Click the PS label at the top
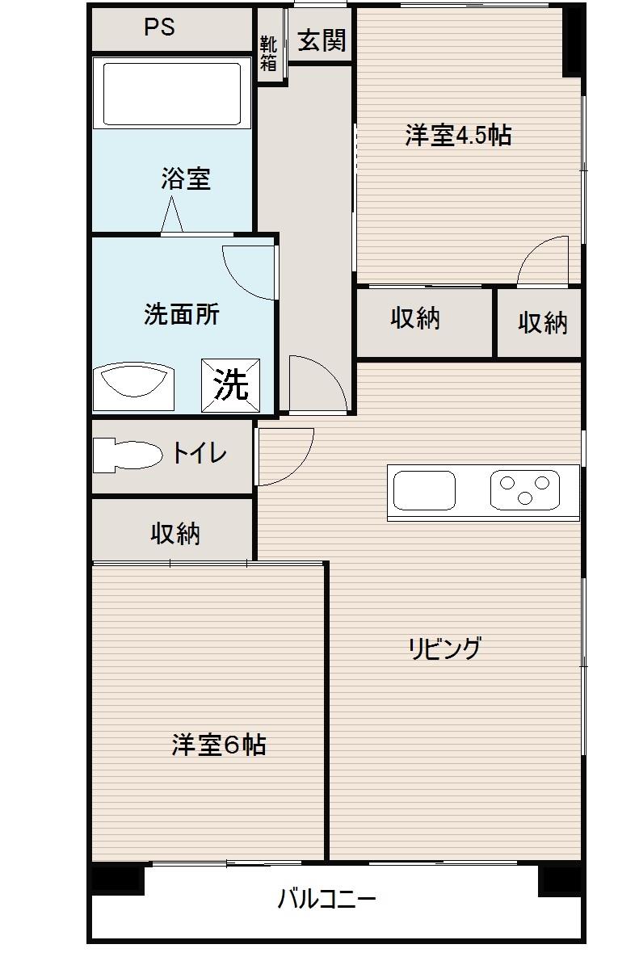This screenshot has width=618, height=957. tap(159, 27)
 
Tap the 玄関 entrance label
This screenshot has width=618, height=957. tap(322, 40)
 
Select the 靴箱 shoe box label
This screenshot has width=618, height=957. tap(268, 53)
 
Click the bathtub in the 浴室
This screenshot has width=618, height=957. tap(172, 92)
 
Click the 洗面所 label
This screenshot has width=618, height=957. tap(181, 314)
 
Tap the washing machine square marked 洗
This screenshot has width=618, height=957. tap(231, 385)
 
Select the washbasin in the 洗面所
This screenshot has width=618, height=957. tap(134, 384)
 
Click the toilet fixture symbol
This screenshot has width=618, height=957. tap(126, 455)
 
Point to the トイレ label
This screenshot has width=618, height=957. tap(198, 454)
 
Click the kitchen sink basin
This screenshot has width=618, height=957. tap(423, 490)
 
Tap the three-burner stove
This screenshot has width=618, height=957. tap(524, 490)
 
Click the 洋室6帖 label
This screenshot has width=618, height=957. tap(219, 744)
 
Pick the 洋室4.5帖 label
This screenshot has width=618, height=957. tap(458, 135)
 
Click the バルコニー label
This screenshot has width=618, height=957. tap(326, 898)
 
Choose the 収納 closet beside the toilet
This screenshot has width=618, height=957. tap(174, 533)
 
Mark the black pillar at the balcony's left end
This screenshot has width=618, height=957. tap(118, 879)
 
